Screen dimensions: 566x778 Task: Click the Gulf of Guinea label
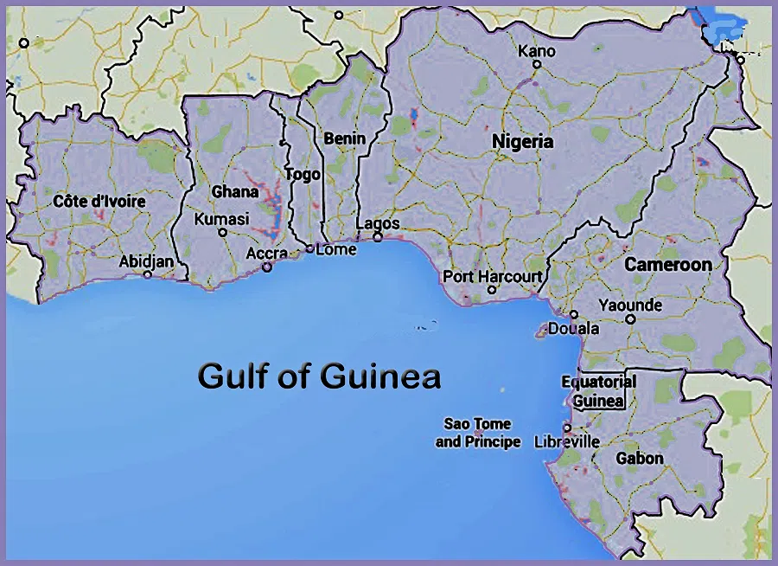pyautogui.click(x=319, y=377)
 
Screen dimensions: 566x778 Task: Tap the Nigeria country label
pyautogui.click(x=522, y=142)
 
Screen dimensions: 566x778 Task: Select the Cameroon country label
pyautogui.click(x=668, y=264)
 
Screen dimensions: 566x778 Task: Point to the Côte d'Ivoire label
pyautogui.click(x=99, y=202)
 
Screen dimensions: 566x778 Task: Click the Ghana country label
pyautogui.click(x=235, y=191)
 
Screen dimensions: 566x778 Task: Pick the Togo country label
pyautogui.click(x=303, y=175)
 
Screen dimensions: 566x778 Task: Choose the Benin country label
pyautogui.click(x=344, y=138)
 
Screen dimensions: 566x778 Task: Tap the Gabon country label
pyautogui.click(x=640, y=458)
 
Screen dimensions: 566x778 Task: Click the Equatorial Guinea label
pyautogui.click(x=598, y=391)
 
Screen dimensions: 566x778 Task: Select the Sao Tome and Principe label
pyautogui.click(x=478, y=433)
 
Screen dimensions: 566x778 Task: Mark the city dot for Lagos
pyautogui.click(x=378, y=237)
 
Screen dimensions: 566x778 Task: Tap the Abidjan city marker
pyautogui.click(x=148, y=274)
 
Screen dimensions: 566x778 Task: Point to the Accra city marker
pyautogui.click(x=267, y=267)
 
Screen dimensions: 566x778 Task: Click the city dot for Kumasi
pyautogui.click(x=222, y=232)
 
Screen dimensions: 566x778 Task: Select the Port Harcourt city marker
pyautogui.click(x=492, y=290)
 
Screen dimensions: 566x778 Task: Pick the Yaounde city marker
pyautogui.click(x=630, y=318)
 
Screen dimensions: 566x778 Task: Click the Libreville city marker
pyautogui.click(x=567, y=428)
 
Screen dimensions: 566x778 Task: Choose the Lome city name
pyautogui.click(x=336, y=249)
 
